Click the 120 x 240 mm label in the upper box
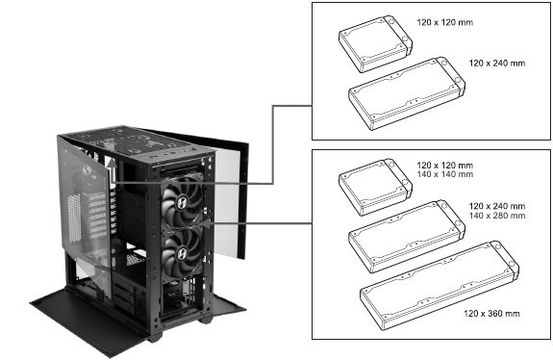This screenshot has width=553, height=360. point(496,63)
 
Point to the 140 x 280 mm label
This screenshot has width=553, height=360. point(496,217)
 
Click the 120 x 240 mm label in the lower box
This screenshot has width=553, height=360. point(496,206)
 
